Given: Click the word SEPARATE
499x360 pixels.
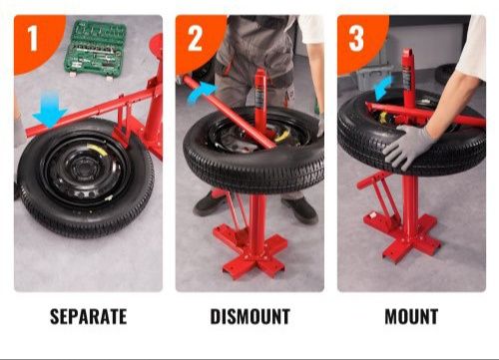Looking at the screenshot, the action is (x=88, y=316).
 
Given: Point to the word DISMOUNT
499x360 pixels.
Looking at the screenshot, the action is (x=249, y=316).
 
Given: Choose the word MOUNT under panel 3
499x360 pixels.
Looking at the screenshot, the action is (x=411, y=316).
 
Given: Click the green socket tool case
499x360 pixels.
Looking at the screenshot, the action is (x=95, y=49).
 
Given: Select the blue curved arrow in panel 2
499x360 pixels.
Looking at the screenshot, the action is (x=202, y=92).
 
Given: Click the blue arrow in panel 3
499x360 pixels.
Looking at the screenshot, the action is (x=383, y=88).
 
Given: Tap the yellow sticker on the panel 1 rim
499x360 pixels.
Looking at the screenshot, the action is (x=98, y=150).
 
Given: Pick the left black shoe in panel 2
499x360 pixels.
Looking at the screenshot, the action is (x=209, y=202).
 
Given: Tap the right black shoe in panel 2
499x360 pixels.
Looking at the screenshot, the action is (x=300, y=208).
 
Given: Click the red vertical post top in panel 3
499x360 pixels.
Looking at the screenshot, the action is (x=407, y=53).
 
